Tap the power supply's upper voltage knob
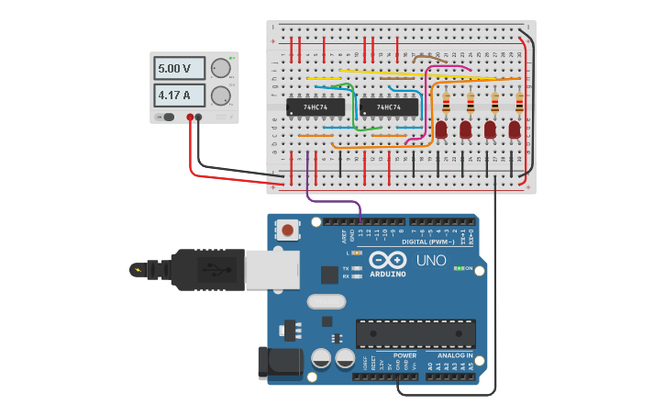pyautogui.click(x=220, y=68)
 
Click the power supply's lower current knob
pyautogui.click(x=220, y=96)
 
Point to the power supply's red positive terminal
pyautogui.click(x=191, y=117)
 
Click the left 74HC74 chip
pyautogui.click(x=316, y=107)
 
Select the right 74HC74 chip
pyautogui.click(x=389, y=107)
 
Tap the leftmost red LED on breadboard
pyautogui.click(x=441, y=129)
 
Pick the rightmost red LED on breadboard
pyautogui.click(x=515, y=129)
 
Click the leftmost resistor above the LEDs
pyautogui.click(x=447, y=103)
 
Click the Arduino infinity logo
pyautogui.click(x=387, y=261)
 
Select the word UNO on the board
pyautogui.click(x=431, y=261)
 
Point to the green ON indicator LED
pyautogui.click(x=458, y=268)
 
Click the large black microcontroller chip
pyautogui.click(x=416, y=333)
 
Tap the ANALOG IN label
pyautogui.click(x=455, y=355)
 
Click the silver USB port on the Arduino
pyautogui.click(x=272, y=269)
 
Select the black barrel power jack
pyautogui.click(x=279, y=362)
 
